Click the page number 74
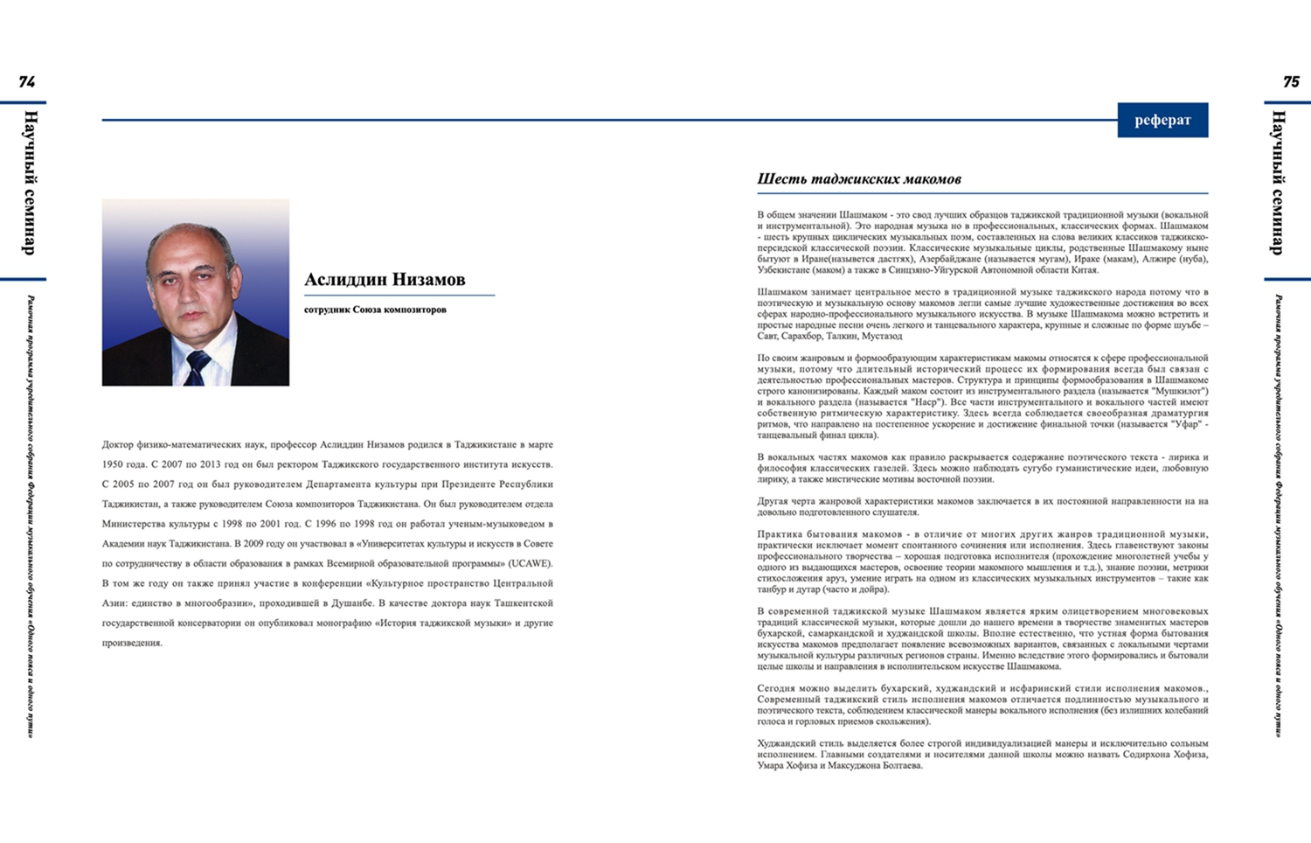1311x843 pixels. [x=27, y=82]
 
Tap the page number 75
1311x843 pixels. [x=1291, y=82]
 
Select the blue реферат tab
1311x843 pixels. [x=1162, y=121]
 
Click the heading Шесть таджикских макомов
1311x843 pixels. [x=858, y=179]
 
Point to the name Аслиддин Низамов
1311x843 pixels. [x=385, y=280]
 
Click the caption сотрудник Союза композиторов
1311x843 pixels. [x=375, y=310]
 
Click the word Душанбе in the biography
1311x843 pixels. [x=353, y=603]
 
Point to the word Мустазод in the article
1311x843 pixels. [x=882, y=336]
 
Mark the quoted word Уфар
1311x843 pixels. [x=1185, y=424]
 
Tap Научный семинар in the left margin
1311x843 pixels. [x=29, y=183]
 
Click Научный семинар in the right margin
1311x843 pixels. [x=1278, y=183]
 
